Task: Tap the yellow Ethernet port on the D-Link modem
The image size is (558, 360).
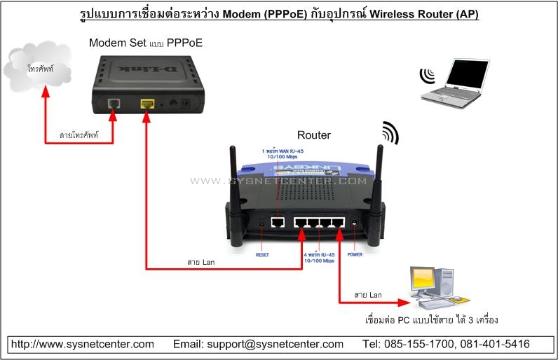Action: point(147,104)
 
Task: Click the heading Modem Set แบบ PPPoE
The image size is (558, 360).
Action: point(144,43)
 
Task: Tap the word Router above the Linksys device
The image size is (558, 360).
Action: point(313,134)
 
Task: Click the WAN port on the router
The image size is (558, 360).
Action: point(278,223)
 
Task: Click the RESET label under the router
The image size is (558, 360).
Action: point(263,254)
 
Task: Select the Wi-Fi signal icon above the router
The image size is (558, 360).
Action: point(389,133)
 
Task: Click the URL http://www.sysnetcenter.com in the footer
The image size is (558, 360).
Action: point(83,344)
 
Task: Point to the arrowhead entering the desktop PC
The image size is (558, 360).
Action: point(404,303)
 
